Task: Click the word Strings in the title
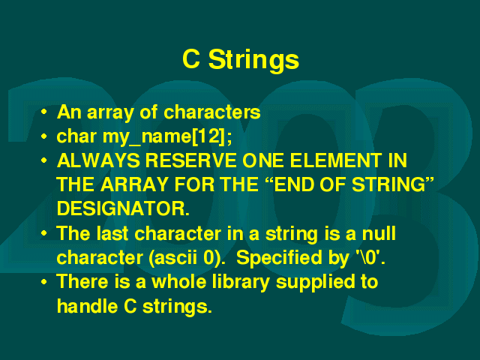[253, 60]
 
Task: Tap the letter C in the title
[191, 58]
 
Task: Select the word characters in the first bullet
[211, 112]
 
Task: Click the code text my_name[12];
[167, 136]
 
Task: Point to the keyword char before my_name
[76, 136]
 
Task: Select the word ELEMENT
[335, 160]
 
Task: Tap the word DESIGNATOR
[123, 208]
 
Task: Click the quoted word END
[294, 184]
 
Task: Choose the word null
[379, 233]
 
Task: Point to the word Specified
[279, 258]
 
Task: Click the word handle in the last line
[87, 306]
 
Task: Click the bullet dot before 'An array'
[44, 112]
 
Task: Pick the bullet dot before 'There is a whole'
[44, 282]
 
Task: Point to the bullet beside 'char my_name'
[44, 136]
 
